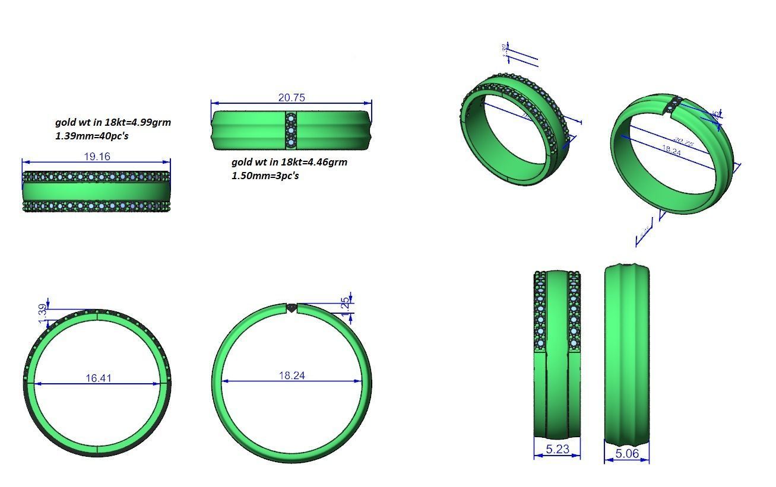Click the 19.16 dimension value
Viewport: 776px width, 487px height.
(97, 157)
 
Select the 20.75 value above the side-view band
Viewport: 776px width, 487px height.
(292, 98)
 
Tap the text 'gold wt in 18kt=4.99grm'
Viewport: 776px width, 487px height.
(113, 122)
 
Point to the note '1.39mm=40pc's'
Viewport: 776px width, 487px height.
(92, 136)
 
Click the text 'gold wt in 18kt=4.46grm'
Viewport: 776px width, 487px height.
(289, 162)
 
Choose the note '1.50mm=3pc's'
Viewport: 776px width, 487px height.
(265, 176)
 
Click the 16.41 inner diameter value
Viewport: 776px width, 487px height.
(98, 378)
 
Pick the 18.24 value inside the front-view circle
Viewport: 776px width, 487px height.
(292, 375)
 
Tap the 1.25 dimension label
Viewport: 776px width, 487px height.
(345, 304)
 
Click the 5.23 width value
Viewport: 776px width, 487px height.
(557, 449)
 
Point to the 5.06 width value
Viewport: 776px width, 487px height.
(627, 454)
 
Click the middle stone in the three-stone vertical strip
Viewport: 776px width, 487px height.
(291, 130)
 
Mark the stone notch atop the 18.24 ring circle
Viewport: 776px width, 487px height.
(292, 308)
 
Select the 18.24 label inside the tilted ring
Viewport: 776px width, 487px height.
(672, 151)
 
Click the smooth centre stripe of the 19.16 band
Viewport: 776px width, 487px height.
(97, 191)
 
